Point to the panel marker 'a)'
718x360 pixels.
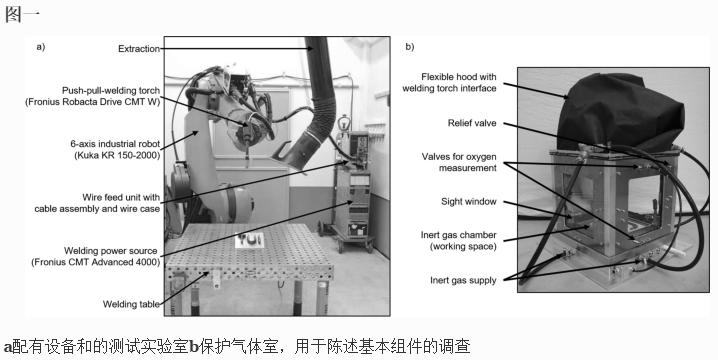[41, 46]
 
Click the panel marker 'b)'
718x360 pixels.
[410, 46]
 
